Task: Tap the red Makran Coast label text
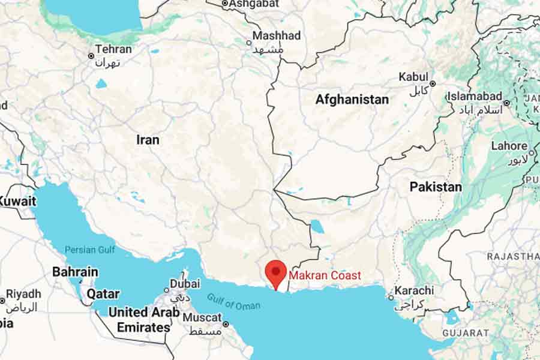325,275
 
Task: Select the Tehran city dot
92,56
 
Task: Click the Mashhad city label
276,36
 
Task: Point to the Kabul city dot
432,84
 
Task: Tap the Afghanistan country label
352,100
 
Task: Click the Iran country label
148,140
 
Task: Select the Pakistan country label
436,187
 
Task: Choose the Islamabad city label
475,96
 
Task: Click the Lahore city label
509,146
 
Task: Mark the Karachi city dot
391,297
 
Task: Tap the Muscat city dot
226,324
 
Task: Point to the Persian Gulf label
89,250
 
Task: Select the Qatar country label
103,294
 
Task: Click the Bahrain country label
75,272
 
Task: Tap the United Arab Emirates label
143,320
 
